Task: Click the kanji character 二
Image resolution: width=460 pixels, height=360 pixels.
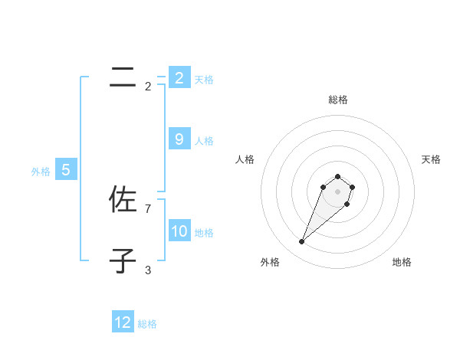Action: [x=123, y=77]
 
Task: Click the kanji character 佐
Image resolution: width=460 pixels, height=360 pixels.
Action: [x=123, y=200]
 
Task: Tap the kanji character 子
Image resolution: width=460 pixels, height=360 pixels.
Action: [x=123, y=261]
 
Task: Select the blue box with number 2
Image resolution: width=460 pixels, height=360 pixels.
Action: [x=179, y=77]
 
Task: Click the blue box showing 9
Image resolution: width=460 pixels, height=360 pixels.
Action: [x=179, y=139]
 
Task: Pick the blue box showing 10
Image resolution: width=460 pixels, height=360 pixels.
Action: [x=179, y=231]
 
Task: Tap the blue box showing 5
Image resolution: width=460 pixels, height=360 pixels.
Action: [x=66, y=170]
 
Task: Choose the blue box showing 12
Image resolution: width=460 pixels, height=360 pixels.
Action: [x=123, y=322]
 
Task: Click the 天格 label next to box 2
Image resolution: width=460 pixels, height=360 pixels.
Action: [x=204, y=79]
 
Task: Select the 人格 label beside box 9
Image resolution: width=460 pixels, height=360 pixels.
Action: [x=204, y=141]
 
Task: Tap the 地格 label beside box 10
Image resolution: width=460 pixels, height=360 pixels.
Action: [x=204, y=233]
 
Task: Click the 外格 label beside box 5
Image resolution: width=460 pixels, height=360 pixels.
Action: [x=41, y=172]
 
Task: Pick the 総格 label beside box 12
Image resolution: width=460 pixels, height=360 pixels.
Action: [x=147, y=324]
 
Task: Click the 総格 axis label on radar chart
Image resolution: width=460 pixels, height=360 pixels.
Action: [x=337, y=100]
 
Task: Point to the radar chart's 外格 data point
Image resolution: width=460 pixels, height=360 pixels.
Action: [x=302, y=242]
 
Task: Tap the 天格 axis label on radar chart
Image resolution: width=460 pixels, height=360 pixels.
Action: [x=431, y=159]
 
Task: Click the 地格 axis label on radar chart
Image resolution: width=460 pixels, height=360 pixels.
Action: [x=402, y=262]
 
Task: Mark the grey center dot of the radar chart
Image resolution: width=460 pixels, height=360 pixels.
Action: [x=337, y=191]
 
